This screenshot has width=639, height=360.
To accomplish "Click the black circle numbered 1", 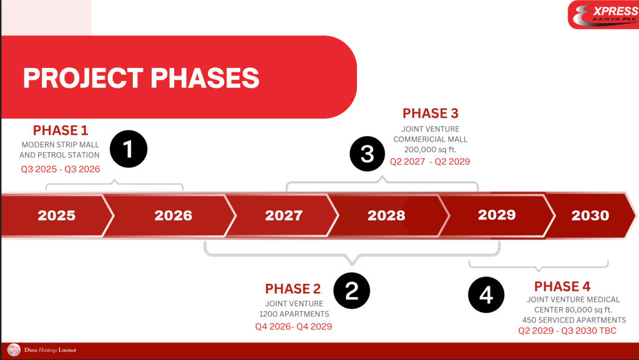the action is pyautogui.click(x=129, y=149).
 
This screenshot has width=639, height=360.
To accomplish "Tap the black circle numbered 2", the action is pyautogui.click(x=352, y=291).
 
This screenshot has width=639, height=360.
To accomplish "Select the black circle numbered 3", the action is pyautogui.click(x=367, y=154).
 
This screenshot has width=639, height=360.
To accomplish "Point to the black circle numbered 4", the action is pyautogui.click(x=486, y=295).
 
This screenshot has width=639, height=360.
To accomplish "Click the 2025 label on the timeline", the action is pyautogui.click(x=57, y=215).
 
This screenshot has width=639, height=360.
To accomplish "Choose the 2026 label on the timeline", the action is pyautogui.click(x=173, y=215).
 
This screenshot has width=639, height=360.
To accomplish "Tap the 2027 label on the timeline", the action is pyautogui.click(x=284, y=215).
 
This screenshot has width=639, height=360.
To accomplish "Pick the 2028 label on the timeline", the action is pyautogui.click(x=386, y=215).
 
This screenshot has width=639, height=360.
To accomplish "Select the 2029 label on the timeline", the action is pyautogui.click(x=497, y=215).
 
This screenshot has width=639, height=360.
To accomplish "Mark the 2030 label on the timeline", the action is pyautogui.click(x=590, y=215).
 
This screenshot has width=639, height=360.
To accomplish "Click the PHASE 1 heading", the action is pyautogui.click(x=61, y=130).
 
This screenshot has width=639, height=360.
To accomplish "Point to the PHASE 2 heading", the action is pyautogui.click(x=293, y=289).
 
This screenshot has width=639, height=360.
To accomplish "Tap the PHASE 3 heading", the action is pyautogui.click(x=431, y=113).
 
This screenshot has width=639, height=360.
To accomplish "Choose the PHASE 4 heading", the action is pyautogui.click(x=562, y=286).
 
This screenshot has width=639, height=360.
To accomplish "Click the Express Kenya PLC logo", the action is pyautogui.click(x=604, y=14).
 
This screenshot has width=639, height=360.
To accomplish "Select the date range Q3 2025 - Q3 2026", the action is pyautogui.click(x=61, y=170).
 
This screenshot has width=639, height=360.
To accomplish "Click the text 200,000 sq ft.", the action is pyautogui.click(x=431, y=150).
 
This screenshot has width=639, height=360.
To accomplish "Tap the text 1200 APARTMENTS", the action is pyautogui.click(x=295, y=314).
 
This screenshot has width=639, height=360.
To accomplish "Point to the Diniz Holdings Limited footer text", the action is pyautogui.click(x=50, y=350).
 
